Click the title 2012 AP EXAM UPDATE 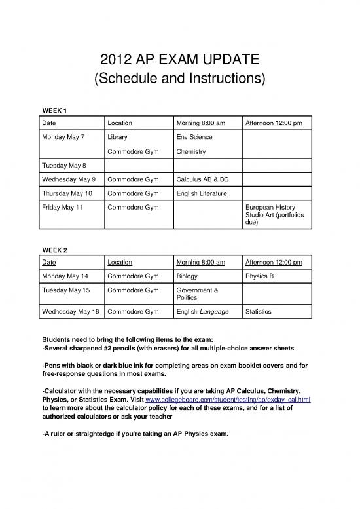click(x=179, y=60)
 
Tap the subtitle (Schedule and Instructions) click(x=179, y=80)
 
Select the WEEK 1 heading click(x=54, y=109)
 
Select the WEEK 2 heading click(x=54, y=250)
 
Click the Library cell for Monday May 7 click(x=118, y=138)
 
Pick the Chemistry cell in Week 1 click(x=191, y=152)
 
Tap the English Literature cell click(x=202, y=193)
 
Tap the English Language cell click(x=202, y=311)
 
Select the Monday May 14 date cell click(x=64, y=276)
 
